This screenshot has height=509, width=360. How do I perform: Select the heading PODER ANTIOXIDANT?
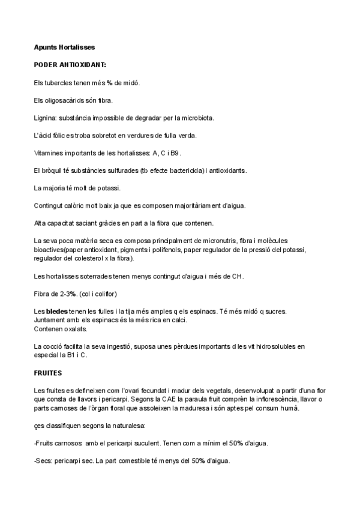click(71, 64)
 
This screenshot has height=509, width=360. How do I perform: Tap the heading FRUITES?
click(48, 373)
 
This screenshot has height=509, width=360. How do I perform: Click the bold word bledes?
click(56, 311)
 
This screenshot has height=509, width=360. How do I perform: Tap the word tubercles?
click(60, 82)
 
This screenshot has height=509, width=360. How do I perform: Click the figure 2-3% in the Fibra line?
click(65, 294)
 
